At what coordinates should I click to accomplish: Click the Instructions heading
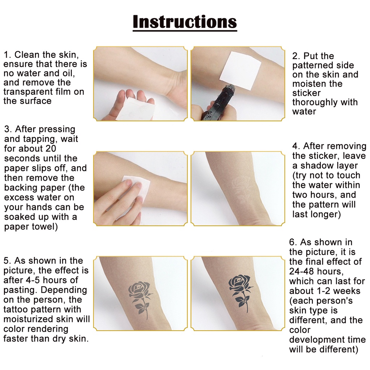coord(185,22)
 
